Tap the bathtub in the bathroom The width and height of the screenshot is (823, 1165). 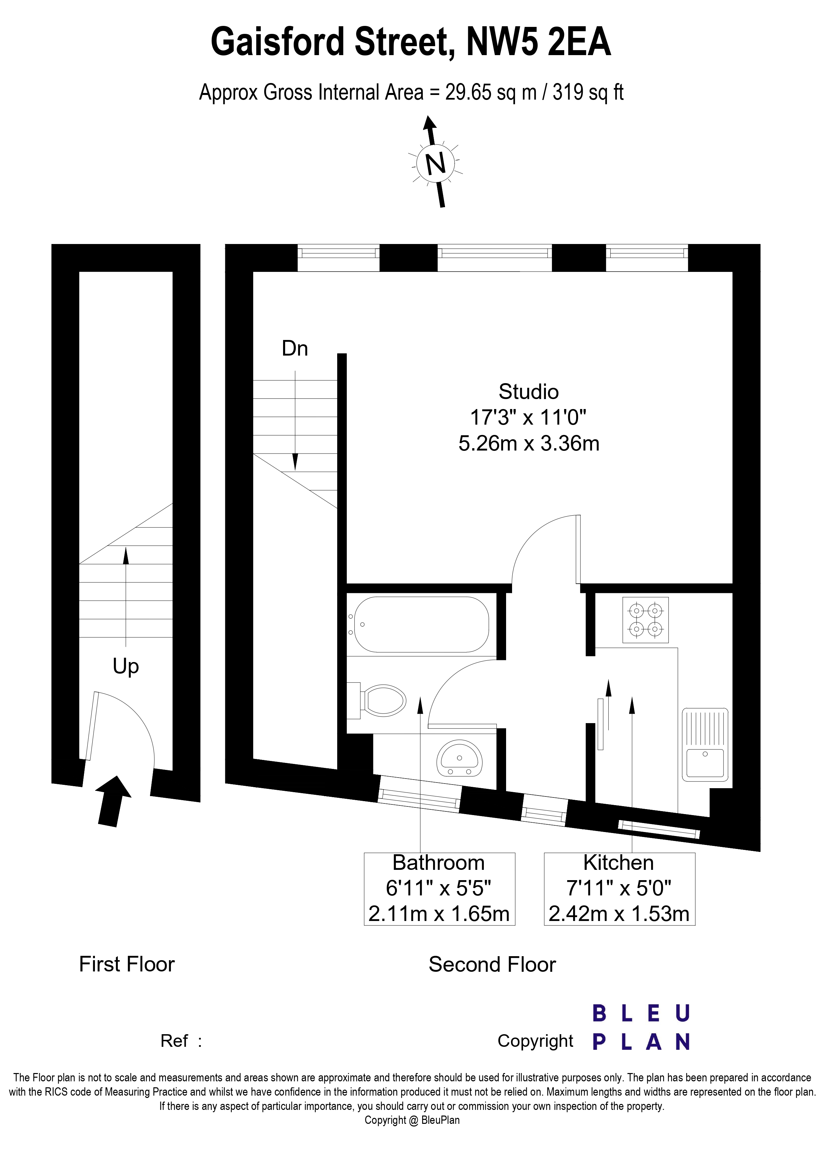pyautogui.click(x=421, y=624)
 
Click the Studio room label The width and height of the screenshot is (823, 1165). pyautogui.click(x=528, y=392)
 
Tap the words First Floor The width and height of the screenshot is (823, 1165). pyautogui.click(x=127, y=964)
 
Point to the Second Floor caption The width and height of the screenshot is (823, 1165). pyautogui.click(x=492, y=964)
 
